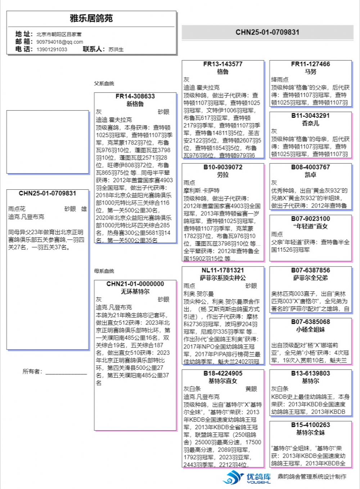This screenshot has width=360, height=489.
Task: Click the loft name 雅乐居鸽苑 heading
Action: tap(91, 18)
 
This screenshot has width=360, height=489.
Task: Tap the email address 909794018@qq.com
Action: tap(59, 42)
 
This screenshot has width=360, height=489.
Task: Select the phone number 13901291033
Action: tap(51, 49)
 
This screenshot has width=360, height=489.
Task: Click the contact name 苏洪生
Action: tap(116, 49)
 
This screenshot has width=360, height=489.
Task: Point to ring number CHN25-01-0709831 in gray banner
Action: tap(267, 32)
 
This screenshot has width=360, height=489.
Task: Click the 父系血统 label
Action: tap(104, 84)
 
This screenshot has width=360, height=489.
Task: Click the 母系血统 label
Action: tap(104, 271)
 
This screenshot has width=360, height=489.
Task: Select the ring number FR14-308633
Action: tap(135, 96)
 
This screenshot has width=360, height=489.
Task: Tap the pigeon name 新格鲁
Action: tap(135, 104)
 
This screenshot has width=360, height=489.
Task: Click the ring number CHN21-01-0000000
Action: tap(135, 284)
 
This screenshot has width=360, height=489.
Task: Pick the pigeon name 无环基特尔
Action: tap(135, 291)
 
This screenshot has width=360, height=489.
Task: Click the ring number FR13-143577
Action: tap(222, 64)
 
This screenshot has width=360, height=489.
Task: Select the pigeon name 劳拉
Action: tap(222, 175)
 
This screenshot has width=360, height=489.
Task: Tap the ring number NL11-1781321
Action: tap(222, 270)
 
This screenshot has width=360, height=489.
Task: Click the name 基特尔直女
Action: tap(222, 381)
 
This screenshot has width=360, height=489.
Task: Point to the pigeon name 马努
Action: tap(310, 72)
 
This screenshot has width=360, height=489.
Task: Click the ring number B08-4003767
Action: tap(310, 167)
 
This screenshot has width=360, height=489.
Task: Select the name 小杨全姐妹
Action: tap(310, 329)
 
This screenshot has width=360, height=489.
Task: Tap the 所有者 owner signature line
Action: tap(66, 373)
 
